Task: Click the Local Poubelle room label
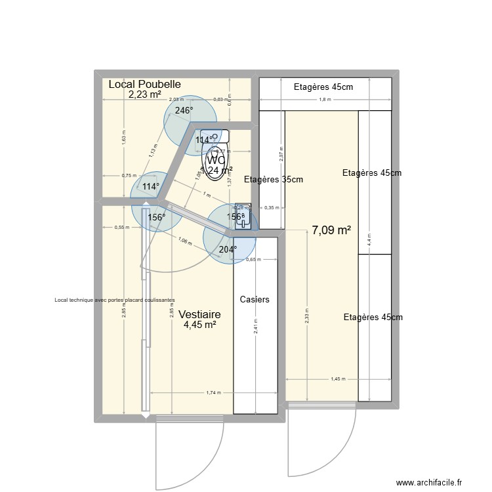(144, 84)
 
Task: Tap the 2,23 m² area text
(145, 94)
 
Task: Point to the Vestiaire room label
(199, 314)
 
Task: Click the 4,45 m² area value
(200, 324)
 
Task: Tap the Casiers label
(255, 299)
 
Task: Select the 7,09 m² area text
(331, 230)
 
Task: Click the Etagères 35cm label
(274, 179)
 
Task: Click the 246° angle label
(184, 110)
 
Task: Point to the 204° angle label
(228, 249)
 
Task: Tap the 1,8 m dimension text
(325, 100)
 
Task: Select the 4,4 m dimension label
(369, 239)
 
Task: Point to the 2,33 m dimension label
(306, 318)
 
